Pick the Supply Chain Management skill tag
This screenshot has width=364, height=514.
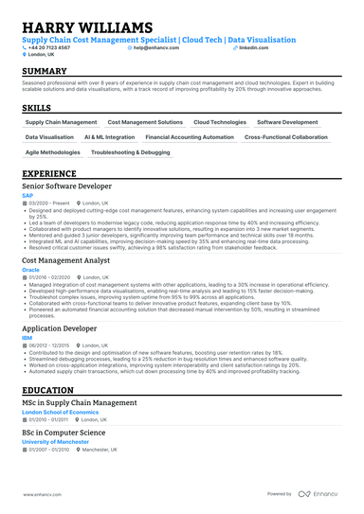tap(61, 123)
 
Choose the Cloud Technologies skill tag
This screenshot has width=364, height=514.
tap(220, 123)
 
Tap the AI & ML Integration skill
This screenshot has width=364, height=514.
tap(110, 137)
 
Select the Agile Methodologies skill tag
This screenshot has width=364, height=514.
tap(53, 151)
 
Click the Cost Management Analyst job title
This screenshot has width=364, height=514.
tap(65, 259)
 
